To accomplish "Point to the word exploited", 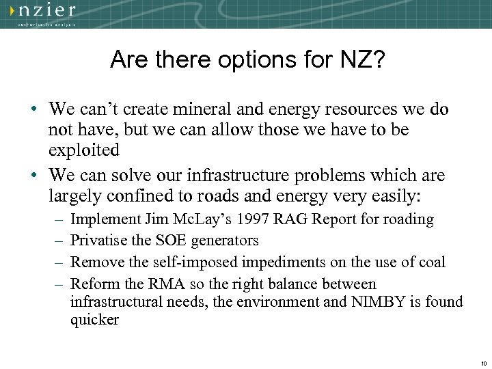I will [x=84, y=149].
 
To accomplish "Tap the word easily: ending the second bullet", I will [x=394, y=197].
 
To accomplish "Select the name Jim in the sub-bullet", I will [x=157, y=219].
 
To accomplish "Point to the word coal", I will [x=431, y=262].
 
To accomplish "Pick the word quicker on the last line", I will [x=94, y=320].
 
